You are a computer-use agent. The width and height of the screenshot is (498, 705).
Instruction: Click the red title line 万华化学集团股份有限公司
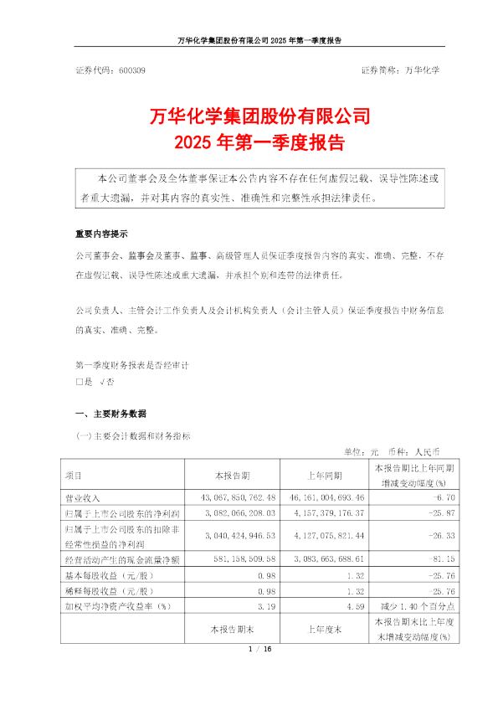[x=249, y=115]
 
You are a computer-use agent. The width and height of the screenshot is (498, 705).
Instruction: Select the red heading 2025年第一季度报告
[x=249, y=141]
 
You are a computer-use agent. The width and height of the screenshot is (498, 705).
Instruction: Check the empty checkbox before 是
[x=79, y=382]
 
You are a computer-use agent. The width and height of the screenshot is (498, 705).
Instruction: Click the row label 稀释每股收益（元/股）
[x=109, y=585]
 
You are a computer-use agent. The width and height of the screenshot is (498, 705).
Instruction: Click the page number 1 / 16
[x=249, y=648]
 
